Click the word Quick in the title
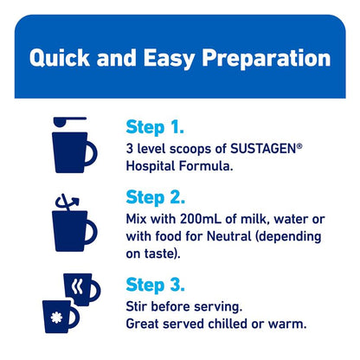pos(60,59)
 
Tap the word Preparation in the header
pos(266,59)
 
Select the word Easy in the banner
pos(169,59)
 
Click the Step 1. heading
pos(155,127)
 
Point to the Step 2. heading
pos(156,197)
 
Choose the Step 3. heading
pos(156,285)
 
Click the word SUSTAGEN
pos(264,149)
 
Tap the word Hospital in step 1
pos(151,166)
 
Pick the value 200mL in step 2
pos(201,219)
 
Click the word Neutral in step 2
pos(229,236)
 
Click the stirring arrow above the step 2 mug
pos(67,202)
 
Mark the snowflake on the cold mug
pos(56,318)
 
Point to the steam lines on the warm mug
pos(77,286)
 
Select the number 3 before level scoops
pos(130,149)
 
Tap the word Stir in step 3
pos(137,306)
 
